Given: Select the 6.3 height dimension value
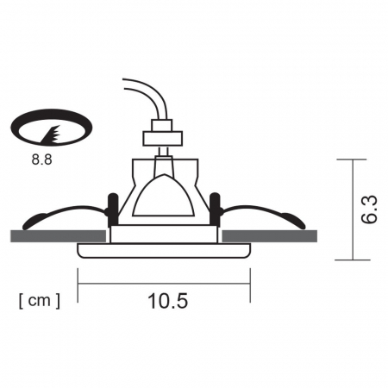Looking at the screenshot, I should click(369, 210).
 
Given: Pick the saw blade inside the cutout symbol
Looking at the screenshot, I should click(50, 133).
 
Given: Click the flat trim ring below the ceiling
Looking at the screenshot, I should click(164, 250).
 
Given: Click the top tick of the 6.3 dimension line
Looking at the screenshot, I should click(347, 160).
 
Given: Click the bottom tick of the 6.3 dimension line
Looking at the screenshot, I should click(347, 259).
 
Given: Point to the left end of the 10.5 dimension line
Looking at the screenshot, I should click(78, 285).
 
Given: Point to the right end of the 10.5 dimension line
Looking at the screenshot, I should click(250, 285).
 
